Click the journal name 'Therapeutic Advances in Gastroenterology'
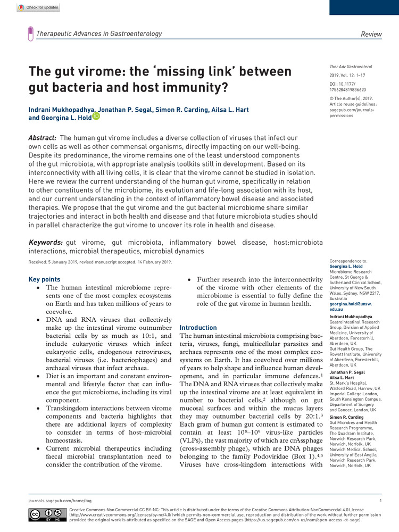(99, 34)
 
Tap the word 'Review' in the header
(371, 35)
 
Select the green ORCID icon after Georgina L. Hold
(96, 116)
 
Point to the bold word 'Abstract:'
(43, 138)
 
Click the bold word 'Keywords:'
(45, 243)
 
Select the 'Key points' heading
(44, 279)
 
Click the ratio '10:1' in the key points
(144, 336)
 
